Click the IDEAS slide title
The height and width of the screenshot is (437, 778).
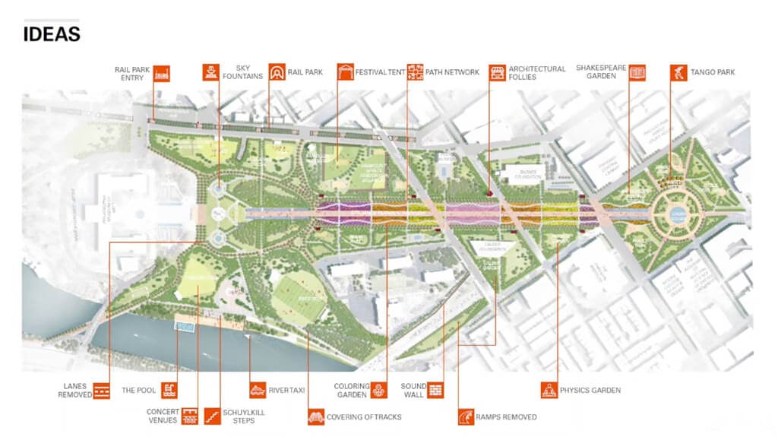52,34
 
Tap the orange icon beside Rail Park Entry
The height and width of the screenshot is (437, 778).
161,74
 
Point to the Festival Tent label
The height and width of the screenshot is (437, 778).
382,72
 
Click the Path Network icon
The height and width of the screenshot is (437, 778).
416,72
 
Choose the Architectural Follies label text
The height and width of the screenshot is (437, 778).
537,73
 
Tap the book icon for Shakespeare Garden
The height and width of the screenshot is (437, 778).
637,73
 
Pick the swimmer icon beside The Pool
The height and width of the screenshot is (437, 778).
169,391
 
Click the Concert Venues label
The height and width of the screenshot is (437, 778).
162,416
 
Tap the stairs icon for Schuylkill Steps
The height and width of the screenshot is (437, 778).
209,416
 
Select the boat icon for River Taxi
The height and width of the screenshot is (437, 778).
258,391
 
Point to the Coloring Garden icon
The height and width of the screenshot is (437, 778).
378,391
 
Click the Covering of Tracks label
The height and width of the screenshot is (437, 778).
364,416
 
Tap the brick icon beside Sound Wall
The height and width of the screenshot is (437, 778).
435,391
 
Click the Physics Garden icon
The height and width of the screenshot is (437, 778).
549,391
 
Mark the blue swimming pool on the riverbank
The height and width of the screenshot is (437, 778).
182,325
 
